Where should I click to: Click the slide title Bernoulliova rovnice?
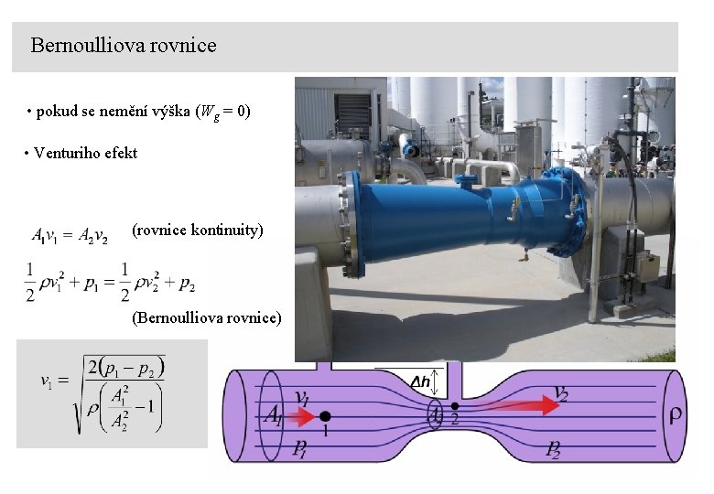click(x=124, y=45)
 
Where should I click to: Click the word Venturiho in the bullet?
click(x=67, y=154)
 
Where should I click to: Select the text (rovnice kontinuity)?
click(x=197, y=230)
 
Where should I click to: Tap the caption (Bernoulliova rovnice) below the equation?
click(x=207, y=318)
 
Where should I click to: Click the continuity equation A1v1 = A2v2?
click(x=70, y=236)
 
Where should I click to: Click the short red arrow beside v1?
click(x=300, y=418)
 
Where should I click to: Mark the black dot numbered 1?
click(x=323, y=418)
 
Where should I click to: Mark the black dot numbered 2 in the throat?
click(x=455, y=405)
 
